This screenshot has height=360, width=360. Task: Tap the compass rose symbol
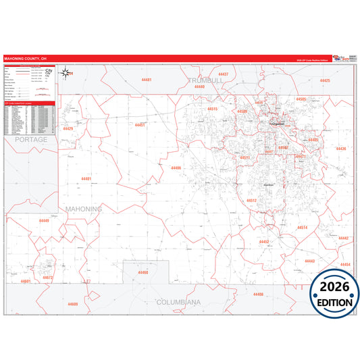(x=66, y=72)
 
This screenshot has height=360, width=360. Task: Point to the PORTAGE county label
(x=31, y=139)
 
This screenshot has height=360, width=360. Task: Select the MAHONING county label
(x=84, y=209)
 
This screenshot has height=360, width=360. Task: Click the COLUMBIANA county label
(x=180, y=302)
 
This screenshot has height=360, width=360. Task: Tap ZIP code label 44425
(x=325, y=80)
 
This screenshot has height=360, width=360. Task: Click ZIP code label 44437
(x=222, y=74)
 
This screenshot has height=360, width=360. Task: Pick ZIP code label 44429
(x=68, y=128)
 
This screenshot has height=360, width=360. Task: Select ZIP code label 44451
(x=140, y=125)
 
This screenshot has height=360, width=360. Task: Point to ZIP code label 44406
(x=176, y=168)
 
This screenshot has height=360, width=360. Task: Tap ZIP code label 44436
(x=340, y=149)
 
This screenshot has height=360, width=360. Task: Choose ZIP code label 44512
(x=251, y=201)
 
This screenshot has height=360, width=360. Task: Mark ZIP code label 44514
(x=302, y=228)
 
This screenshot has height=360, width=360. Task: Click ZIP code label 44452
(x=264, y=241)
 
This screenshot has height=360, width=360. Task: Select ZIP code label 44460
(x=143, y=272)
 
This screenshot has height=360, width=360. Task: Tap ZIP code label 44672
(x=47, y=278)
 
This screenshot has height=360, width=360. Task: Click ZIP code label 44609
(x=73, y=304)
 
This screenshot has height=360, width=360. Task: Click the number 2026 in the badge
(x=335, y=288)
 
